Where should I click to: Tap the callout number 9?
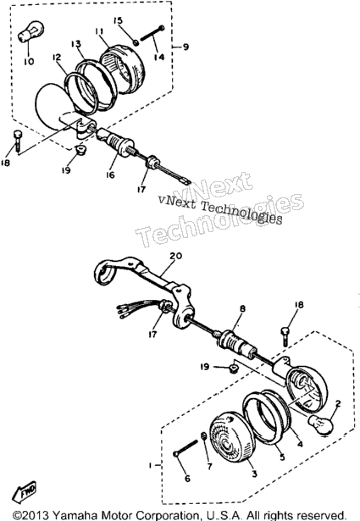pyautogui.click(x=186, y=47)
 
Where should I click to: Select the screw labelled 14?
pyautogui.click(x=152, y=33)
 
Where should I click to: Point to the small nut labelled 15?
pyautogui.click(x=136, y=42)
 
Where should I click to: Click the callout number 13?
pyautogui.click(x=75, y=44)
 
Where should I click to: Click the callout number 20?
pyautogui.click(x=176, y=256)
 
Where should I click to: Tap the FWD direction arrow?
pyautogui.click(x=25, y=491)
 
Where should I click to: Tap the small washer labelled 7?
pyautogui.click(x=205, y=436)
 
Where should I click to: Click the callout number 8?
pyautogui.click(x=243, y=308)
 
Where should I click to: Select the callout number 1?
pyautogui.click(x=150, y=465)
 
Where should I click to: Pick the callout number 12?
pyautogui.click(x=57, y=58)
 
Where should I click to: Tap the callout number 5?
pyautogui.click(x=282, y=457)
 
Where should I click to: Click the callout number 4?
pyautogui.click(x=300, y=444)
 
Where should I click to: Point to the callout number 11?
pyautogui.click(x=99, y=31)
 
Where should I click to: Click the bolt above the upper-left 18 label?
pyautogui.click(x=18, y=141)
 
